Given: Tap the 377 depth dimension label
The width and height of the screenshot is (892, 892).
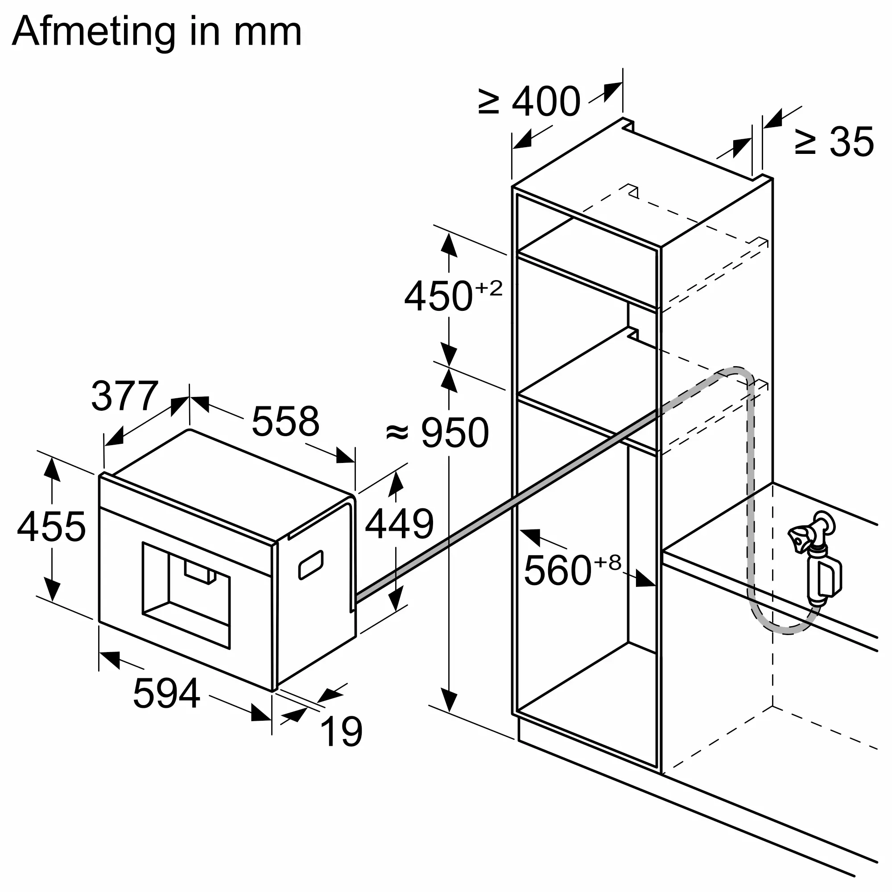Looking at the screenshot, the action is pyautogui.click(x=125, y=396).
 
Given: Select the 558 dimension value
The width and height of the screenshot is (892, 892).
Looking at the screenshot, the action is pyautogui.click(x=285, y=421).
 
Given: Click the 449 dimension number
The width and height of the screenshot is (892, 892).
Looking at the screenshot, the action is pyautogui.click(x=399, y=524).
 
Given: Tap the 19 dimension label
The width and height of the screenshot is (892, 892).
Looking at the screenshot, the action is pyautogui.click(x=341, y=731).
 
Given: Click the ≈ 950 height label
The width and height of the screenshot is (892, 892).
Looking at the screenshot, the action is pyautogui.click(x=437, y=433).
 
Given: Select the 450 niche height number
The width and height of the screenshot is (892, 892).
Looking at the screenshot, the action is pyautogui.click(x=439, y=297).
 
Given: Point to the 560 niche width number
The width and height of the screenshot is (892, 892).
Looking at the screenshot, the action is pyautogui.click(x=558, y=571).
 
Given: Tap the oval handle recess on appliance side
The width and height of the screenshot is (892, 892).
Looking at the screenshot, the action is pyautogui.click(x=311, y=565).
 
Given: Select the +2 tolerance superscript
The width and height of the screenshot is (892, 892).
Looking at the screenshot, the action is pyautogui.click(x=488, y=289).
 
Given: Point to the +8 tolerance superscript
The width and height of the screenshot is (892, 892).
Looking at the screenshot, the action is pyautogui.click(x=608, y=562).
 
